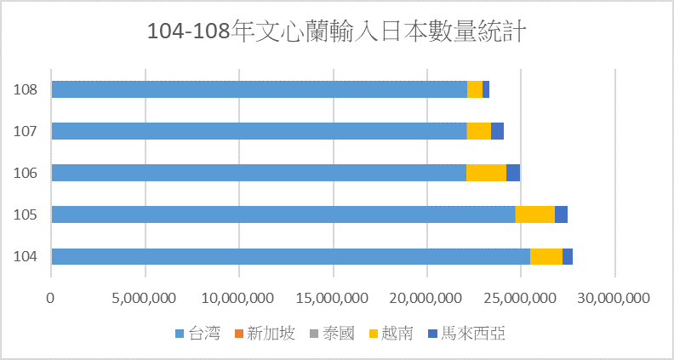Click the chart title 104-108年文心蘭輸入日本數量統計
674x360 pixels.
click(x=337, y=31)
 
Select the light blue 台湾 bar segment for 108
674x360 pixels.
click(x=259, y=89)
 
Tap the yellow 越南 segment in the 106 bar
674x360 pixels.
click(x=486, y=173)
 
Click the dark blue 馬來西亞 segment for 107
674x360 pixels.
click(x=498, y=131)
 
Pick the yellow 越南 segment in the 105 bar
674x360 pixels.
click(x=534, y=214)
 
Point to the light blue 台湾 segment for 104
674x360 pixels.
click(x=290, y=256)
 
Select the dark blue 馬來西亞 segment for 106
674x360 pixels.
click(x=513, y=173)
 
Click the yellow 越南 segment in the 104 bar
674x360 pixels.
click(x=546, y=256)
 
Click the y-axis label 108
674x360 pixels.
click(x=26, y=89)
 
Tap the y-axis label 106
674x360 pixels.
click(x=26, y=173)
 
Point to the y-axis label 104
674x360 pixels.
click(x=26, y=256)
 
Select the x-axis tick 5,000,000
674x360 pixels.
click(x=145, y=298)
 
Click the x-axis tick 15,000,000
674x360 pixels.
click(x=333, y=298)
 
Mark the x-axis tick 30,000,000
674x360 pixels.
click(x=614, y=298)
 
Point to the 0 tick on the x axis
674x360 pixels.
click(x=51, y=298)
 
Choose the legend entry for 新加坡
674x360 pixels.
click(x=265, y=333)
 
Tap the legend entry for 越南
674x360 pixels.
click(x=391, y=333)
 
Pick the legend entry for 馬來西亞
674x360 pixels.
click(x=465, y=333)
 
